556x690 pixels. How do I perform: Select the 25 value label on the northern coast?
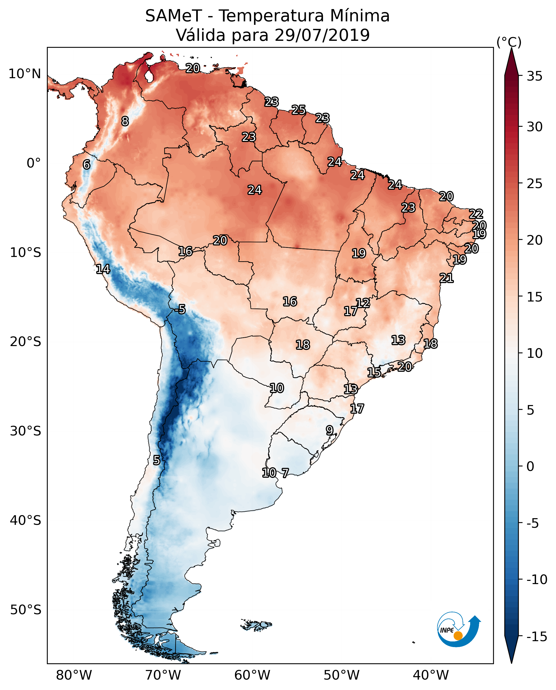pos(299,110)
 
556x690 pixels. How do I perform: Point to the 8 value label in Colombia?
pos(125,121)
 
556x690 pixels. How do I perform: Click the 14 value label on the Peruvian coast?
pos(103,269)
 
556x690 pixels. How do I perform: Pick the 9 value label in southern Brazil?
pos(329,430)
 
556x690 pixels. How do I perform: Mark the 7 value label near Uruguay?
pos(285,473)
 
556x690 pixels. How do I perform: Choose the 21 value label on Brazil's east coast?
pos(446,278)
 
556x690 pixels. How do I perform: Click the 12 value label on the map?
pos(363,303)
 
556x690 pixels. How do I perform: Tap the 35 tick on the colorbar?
pos(534,76)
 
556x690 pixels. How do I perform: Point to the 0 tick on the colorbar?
pos(530,466)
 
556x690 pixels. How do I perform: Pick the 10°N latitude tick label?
pos(25,74)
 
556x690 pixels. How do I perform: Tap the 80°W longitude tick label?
pos(74,675)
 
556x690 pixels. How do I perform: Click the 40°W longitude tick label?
pos(431,675)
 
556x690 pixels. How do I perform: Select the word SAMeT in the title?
pos(173,16)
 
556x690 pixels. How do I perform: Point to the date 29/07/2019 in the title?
pos(322,35)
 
